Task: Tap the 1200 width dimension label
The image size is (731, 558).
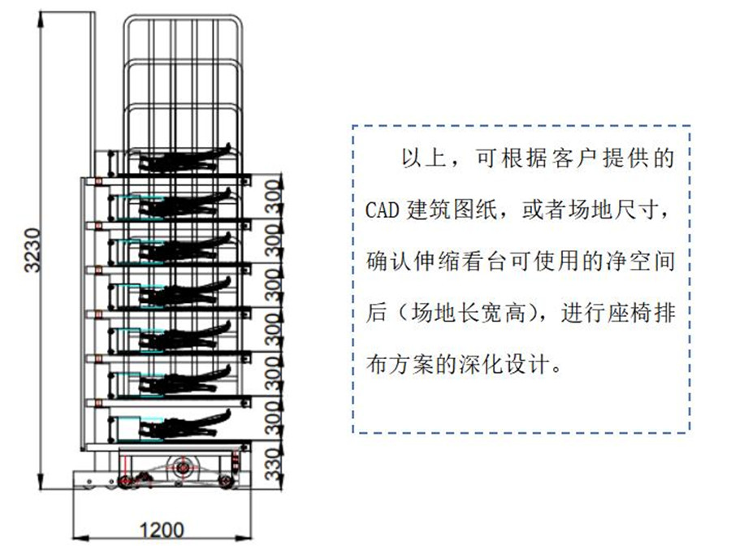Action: click(x=162, y=531)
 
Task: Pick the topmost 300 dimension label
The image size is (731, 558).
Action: click(x=273, y=197)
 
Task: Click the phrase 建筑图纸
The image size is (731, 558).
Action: click(x=456, y=211)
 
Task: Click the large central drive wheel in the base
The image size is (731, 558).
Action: click(x=181, y=468)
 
